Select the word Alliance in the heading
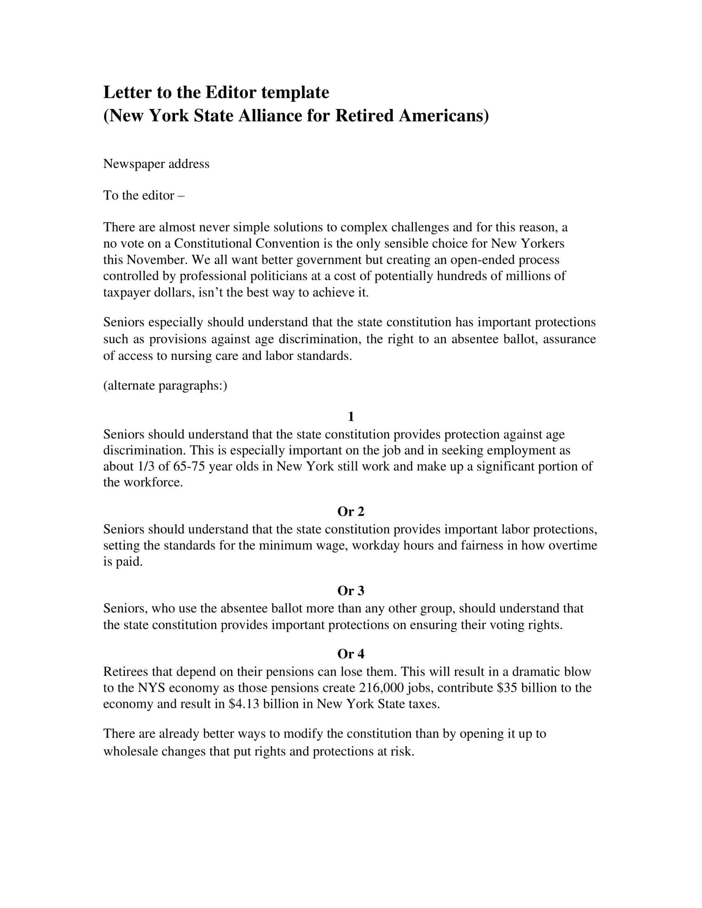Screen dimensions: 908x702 coord(270,116)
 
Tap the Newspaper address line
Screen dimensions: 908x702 coord(156,164)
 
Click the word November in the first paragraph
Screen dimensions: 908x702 coord(157,260)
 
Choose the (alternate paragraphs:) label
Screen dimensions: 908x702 coord(165,386)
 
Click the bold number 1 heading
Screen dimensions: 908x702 coord(351,416)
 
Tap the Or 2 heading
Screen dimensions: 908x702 coord(351,512)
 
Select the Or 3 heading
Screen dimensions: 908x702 coord(351,591)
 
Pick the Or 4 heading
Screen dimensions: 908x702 coord(351,654)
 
